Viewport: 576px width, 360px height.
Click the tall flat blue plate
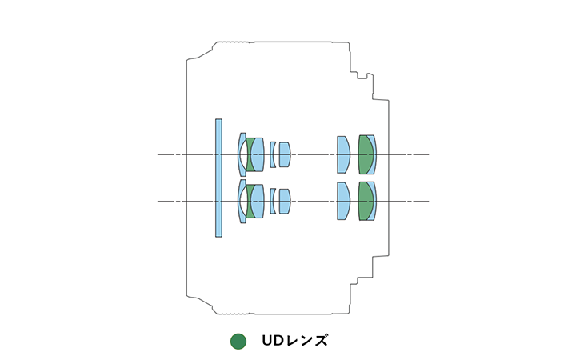click(218, 178)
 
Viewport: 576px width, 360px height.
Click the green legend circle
click(238, 342)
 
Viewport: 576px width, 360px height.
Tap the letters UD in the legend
click(273, 341)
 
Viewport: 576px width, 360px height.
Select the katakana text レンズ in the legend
click(306, 341)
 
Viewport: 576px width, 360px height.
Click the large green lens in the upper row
click(365, 154)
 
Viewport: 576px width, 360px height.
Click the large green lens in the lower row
click(365, 202)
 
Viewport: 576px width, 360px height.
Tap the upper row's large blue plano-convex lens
click(343, 154)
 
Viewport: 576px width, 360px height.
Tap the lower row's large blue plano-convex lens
click(343, 202)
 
